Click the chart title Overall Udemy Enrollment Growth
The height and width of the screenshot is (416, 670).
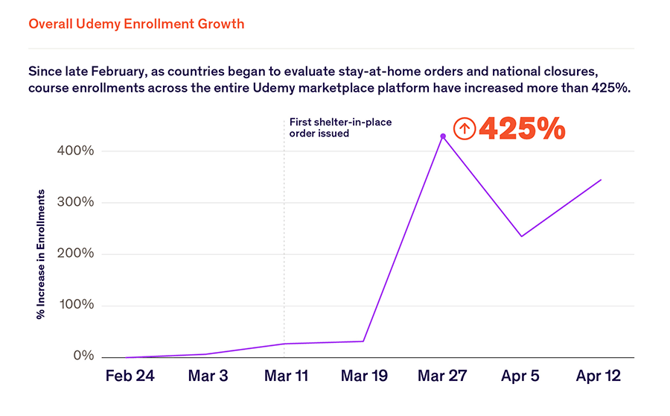point(136,24)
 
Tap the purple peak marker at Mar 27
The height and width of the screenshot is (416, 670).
point(443,136)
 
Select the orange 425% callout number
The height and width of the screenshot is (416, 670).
point(522,129)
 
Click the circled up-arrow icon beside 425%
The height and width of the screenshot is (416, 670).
point(465,129)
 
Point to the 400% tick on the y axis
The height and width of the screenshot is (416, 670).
point(75,151)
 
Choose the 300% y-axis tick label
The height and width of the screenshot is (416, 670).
point(75,203)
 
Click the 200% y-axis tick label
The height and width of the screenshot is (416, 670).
point(75,254)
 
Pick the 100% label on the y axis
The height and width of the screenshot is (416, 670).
point(75,306)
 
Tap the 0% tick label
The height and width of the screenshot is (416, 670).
point(83,356)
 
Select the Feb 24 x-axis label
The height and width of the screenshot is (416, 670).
point(130,376)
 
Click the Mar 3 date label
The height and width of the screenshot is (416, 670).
point(208,376)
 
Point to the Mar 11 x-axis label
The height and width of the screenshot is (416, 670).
point(286,376)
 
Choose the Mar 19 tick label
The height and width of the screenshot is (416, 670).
point(364,376)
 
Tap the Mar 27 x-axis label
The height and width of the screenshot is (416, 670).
point(442,376)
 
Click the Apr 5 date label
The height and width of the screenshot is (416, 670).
point(521,376)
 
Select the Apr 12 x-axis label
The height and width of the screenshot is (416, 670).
point(599,376)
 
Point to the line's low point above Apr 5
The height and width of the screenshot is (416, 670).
point(521,236)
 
